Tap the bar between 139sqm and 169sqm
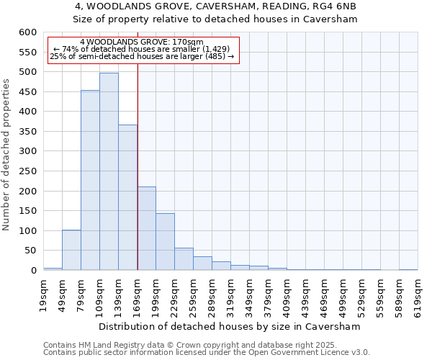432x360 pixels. click(x=127, y=197)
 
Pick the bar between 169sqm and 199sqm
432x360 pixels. click(x=146, y=228)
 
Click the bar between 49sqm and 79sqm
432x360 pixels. click(x=71, y=250)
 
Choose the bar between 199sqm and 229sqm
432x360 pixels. click(x=165, y=242)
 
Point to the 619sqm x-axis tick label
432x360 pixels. click(x=418, y=293)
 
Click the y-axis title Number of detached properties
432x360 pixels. click(x=7, y=155)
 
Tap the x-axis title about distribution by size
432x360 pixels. click(x=229, y=326)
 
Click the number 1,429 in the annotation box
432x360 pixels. click(x=215, y=49)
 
